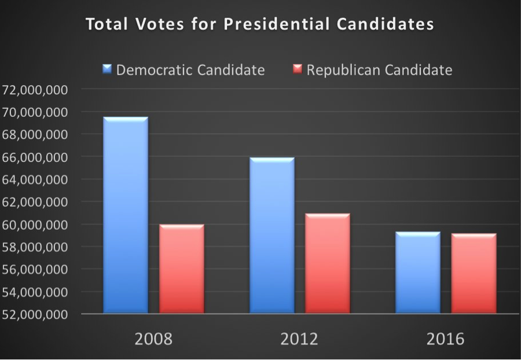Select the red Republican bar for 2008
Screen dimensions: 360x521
(x=181, y=269)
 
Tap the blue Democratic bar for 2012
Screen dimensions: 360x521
(x=271, y=235)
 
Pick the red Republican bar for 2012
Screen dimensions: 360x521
(x=328, y=264)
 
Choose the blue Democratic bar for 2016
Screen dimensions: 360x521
(x=417, y=273)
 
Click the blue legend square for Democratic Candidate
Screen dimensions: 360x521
(x=107, y=70)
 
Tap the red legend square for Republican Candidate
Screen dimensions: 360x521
(x=297, y=70)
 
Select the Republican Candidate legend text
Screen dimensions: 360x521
(x=379, y=70)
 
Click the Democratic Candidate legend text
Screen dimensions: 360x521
(x=190, y=70)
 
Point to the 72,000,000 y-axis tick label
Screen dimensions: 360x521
(x=36, y=90)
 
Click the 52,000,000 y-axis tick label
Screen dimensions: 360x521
(x=36, y=315)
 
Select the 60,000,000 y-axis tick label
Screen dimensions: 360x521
(x=36, y=225)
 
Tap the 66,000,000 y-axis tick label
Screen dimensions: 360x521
(x=36, y=157)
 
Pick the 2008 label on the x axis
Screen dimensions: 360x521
(x=153, y=339)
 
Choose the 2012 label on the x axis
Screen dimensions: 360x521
(x=299, y=339)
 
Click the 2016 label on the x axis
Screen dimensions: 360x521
(x=445, y=339)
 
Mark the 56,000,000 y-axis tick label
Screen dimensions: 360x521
(x=36, y=270)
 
